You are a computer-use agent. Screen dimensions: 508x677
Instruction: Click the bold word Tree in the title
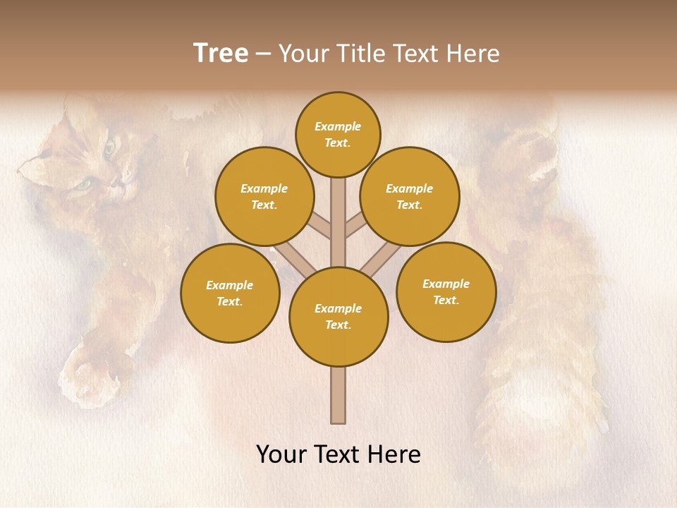tap(221, 54)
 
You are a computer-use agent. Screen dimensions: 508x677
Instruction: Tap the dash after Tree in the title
tap(263, 54)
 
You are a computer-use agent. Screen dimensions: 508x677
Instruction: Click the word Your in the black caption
tap(281, 454)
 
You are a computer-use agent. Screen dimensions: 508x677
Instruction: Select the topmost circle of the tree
tap(338, 134)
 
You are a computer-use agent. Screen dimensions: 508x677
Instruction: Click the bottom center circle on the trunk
tap(338, 317)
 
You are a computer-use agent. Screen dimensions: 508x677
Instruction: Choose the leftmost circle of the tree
tap(230, 293)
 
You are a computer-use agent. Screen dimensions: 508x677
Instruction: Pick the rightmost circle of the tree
tap(446, 291)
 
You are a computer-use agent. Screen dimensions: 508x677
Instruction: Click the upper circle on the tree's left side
tap(264, 196)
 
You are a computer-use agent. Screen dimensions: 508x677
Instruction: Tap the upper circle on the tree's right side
tap(409, 196)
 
